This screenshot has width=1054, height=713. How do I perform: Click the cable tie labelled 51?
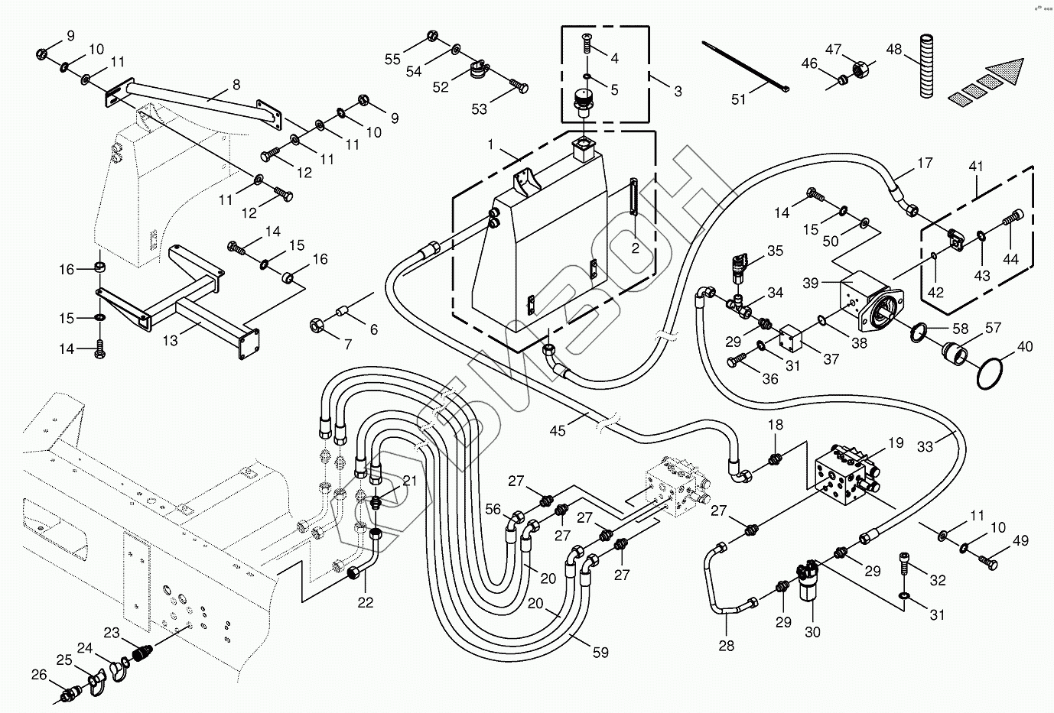coord(745,66)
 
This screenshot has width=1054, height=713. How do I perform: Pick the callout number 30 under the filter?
coord(812,632)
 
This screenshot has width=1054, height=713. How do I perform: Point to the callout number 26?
coord(39,674)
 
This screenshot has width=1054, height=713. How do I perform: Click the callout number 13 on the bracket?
coord(171,340)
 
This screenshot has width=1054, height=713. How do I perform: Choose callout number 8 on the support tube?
coord(236,84)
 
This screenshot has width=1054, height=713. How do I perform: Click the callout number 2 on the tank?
coord(635,248)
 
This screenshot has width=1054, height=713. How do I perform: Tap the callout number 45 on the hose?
coord(558,431)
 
